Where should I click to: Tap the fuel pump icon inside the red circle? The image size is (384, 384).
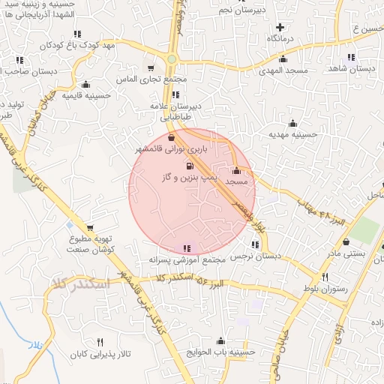pyautogui.click(x=188, y=165)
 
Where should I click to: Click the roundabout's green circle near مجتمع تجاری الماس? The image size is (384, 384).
pyautogui.click(x=172, y=60)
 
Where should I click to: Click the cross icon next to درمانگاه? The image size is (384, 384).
pyautogui.click(x=280, y=26)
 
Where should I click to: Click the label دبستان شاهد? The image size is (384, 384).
pyautogui.click(x=352, y=68)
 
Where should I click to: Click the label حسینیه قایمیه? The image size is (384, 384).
pyautogui.click(x=83, y=96)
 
